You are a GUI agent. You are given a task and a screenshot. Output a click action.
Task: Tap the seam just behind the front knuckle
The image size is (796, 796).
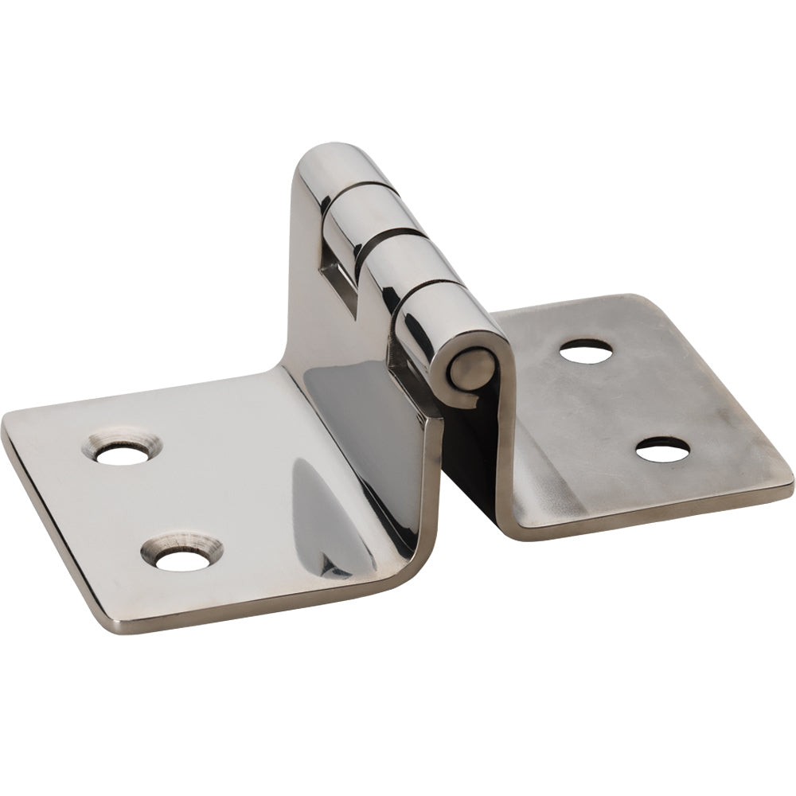click(x=430, y=285)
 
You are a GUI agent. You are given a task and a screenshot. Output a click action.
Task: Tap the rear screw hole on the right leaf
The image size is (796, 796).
click(x=586, y=352)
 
